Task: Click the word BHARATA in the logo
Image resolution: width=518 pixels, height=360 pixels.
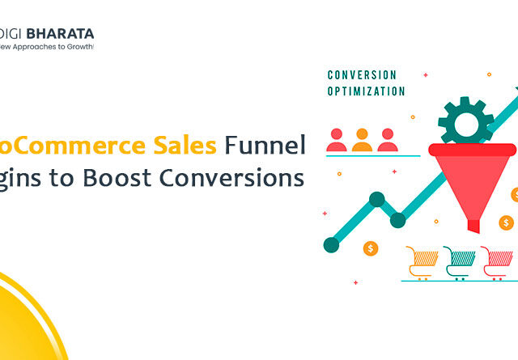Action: tap(62, 34)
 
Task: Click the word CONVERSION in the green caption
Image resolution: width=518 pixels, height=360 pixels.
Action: tap(362, 75)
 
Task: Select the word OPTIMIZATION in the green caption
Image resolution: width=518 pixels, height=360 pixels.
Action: tap(366, 91)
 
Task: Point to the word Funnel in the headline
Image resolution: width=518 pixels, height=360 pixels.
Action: tap(265, 145)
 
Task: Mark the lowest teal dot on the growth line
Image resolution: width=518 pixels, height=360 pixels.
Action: tap(330, 244)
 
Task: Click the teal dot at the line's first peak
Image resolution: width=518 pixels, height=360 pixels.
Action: tap(376, 199)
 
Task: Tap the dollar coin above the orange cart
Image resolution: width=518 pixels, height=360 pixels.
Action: tap(371, 248)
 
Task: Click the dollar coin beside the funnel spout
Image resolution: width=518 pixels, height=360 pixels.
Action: tap(507, 222)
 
